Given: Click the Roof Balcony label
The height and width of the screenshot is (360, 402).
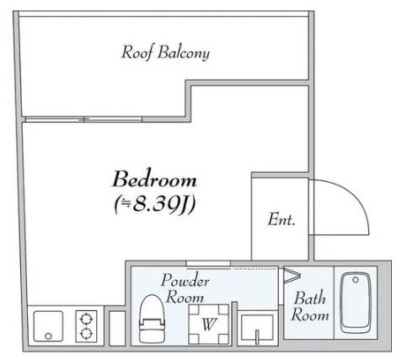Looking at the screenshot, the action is coord(165,52).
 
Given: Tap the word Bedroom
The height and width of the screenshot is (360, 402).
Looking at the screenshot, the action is coord(154,179).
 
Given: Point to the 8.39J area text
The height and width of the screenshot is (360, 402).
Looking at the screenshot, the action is coord(155,204).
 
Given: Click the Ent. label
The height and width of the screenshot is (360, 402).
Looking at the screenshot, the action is coord(281,219).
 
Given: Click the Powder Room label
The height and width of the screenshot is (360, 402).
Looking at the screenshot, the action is coord(185,288).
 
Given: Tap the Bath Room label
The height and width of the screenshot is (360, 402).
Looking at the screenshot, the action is coord(309,306).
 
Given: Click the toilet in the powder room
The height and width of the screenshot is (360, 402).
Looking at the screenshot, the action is coord(152,319).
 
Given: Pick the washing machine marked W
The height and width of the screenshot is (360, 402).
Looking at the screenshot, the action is coord(208,324).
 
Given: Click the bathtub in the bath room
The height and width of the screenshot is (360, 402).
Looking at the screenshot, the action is coord(356,303).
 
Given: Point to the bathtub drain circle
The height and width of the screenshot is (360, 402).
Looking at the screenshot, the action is coord(356,280).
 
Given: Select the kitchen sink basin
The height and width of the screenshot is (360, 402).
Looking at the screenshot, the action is coord(48,326).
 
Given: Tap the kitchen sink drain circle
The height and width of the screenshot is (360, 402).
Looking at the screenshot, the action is coord(48,336).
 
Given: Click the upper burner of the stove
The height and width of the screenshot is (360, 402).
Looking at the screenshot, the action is coord(86,320).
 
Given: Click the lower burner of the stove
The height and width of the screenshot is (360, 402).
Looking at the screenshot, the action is coord(86,334).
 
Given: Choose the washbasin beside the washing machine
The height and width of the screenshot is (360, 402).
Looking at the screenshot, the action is coord(257,327).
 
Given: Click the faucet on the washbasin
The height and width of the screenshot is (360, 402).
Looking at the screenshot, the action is coord(257,336).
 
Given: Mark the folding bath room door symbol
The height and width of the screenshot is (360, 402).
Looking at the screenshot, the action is coord(292,275).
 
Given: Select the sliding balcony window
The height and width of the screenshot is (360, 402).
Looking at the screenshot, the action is coord(83,120).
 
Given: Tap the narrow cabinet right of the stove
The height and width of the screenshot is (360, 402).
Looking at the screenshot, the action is coord(117,328).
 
